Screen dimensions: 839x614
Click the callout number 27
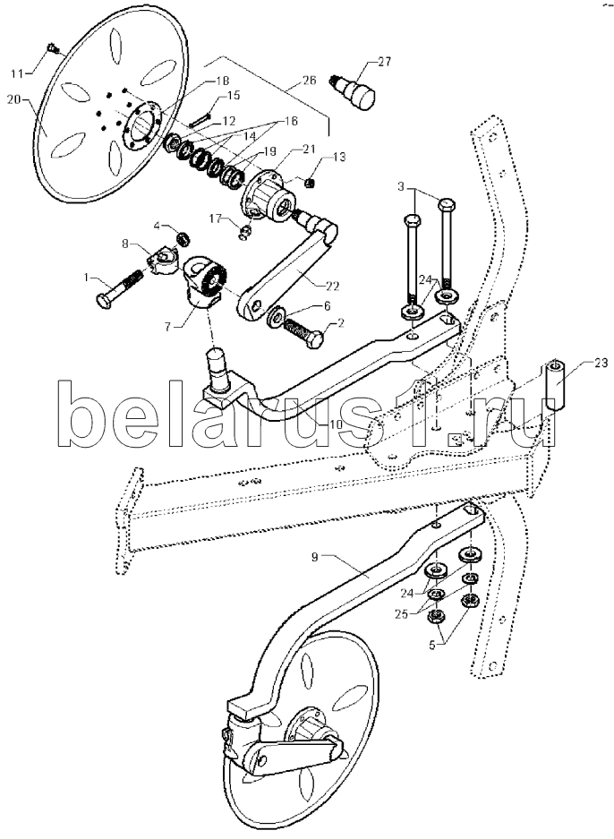click(383, 61)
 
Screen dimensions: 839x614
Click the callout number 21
click(309, 149)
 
